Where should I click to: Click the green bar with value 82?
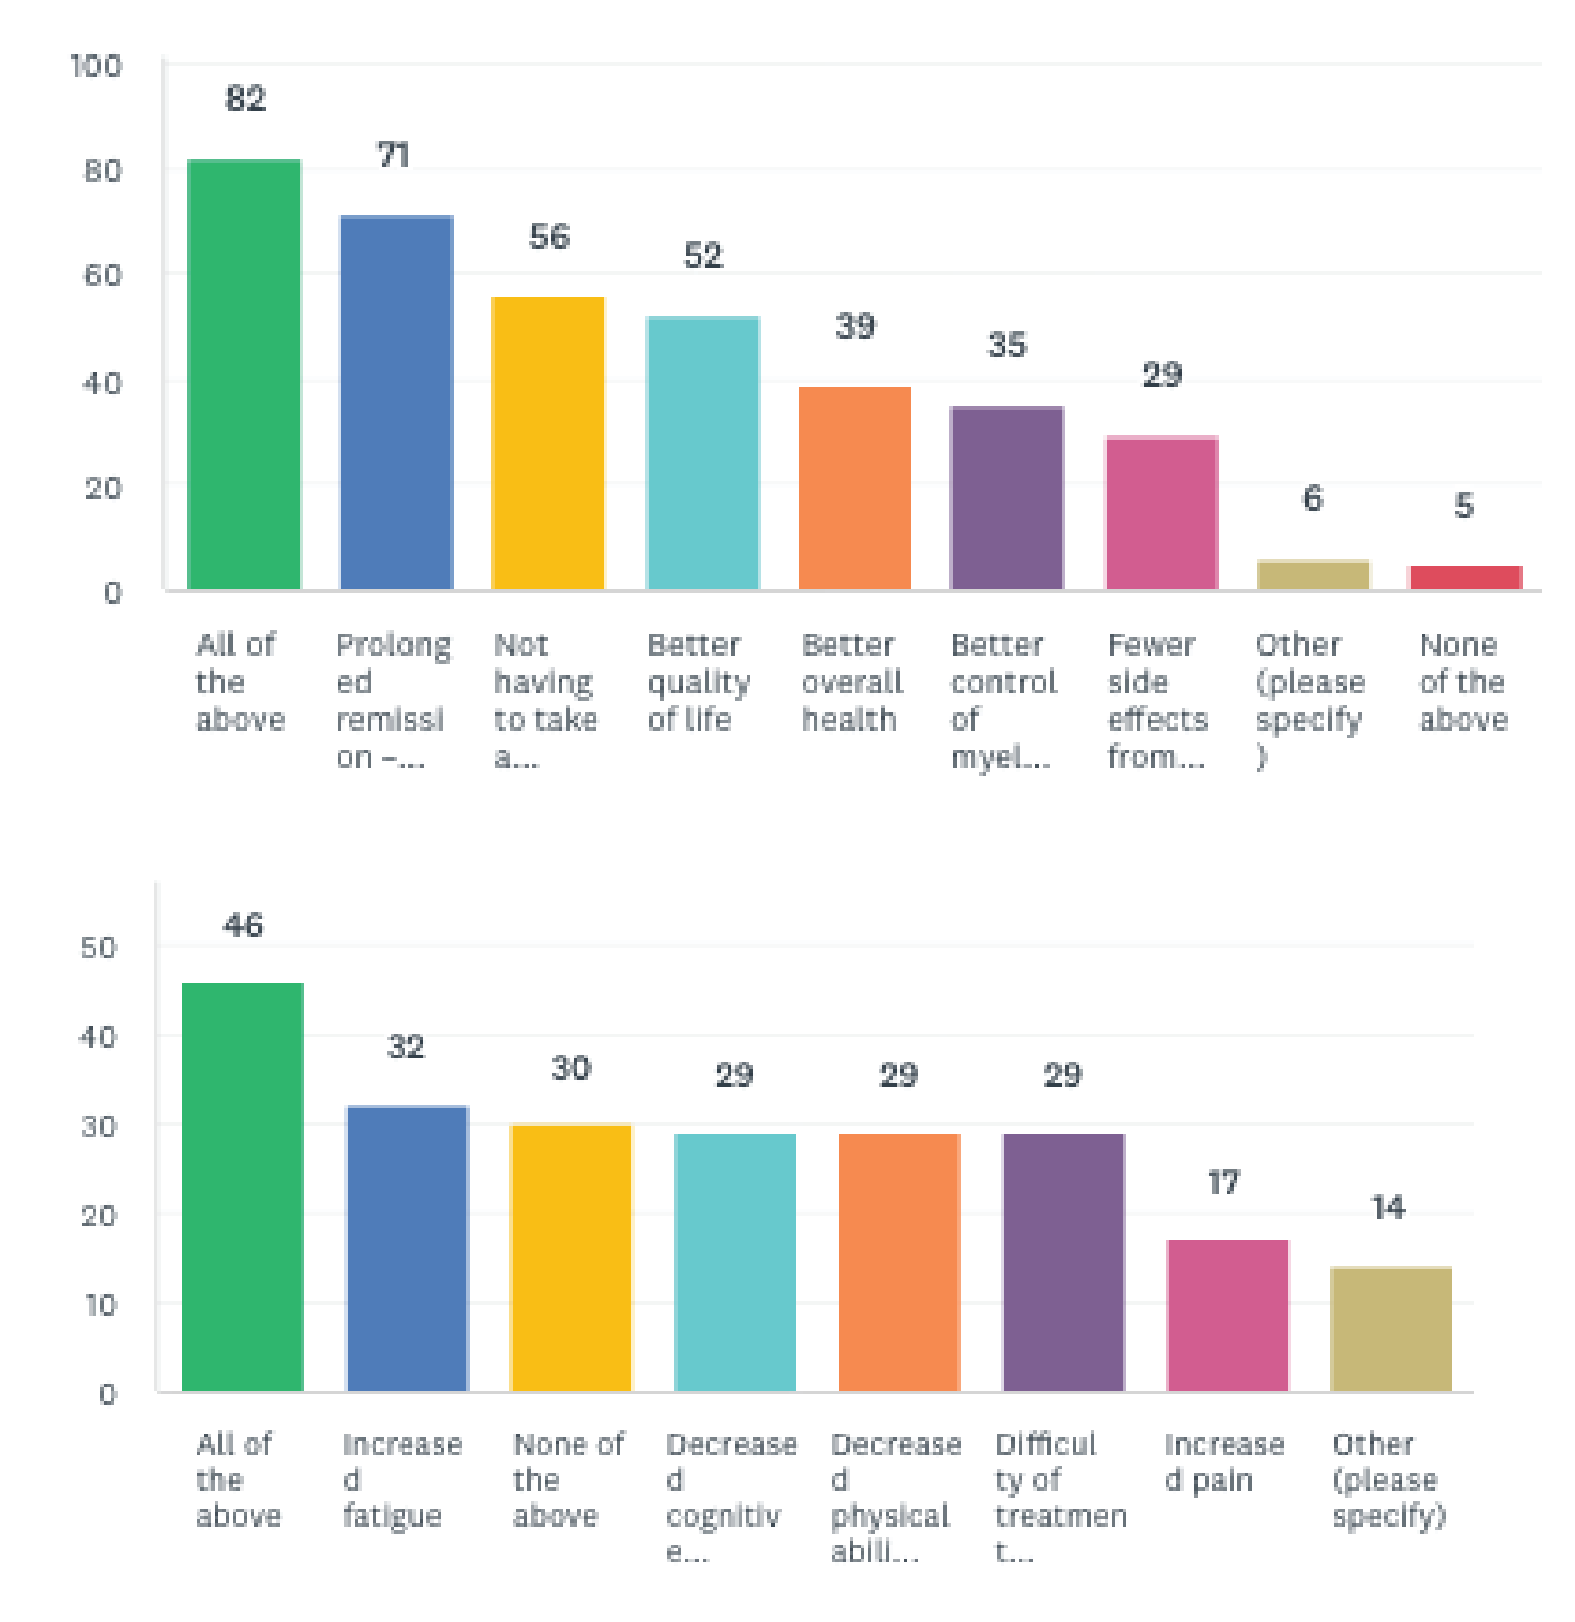point(244,374)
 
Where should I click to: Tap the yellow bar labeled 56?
point(548,443)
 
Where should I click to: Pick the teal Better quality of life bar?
point(702,453)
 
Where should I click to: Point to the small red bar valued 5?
point(1465,578)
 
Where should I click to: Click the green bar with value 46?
point(243,1187)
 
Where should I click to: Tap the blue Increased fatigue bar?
point(407,1248)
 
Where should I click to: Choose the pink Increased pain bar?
point(1227,1316)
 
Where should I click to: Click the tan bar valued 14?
point(1390,1328)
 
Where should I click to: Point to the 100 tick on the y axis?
point(96,66)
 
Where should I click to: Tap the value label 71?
point(394,155)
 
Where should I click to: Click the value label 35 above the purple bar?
point(1007,344)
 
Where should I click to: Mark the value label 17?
point(1224,1182)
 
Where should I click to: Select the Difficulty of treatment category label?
point(1060,1496)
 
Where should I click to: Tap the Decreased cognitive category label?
point(730,1496)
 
